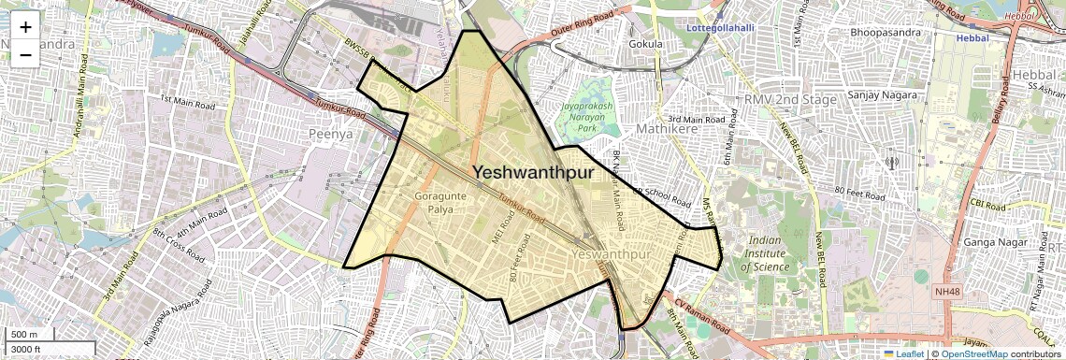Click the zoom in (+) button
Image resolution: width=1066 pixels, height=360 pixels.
25,27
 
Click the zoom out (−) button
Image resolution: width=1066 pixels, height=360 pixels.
25,54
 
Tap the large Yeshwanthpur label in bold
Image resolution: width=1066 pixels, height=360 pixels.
533,173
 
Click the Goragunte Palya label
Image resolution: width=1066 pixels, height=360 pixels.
435,202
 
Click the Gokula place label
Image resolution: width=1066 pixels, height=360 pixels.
645,43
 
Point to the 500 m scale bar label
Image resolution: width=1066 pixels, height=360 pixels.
24,335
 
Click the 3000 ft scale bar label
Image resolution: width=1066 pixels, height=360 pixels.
26,349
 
